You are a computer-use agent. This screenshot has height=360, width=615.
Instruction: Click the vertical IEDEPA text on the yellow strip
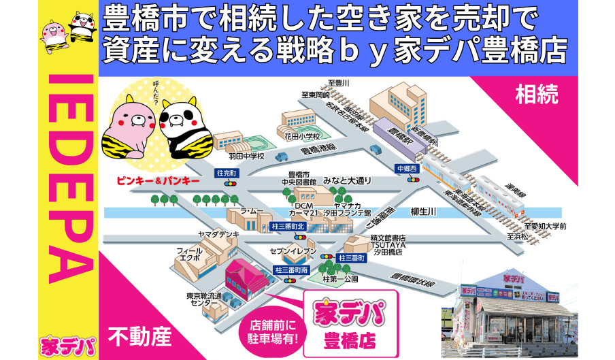click(70, 178)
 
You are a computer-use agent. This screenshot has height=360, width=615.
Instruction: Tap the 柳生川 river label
click(423, 212)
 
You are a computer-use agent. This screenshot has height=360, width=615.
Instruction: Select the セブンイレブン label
click(295, 251)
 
